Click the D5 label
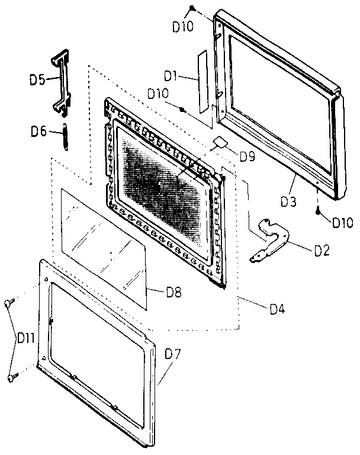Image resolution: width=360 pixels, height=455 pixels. (38, 80)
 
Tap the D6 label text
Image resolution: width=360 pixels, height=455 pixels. (39, 132)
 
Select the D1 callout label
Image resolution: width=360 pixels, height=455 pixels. (171, 76)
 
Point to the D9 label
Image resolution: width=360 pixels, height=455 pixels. (247, 156)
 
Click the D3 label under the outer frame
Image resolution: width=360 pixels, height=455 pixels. (288, 201)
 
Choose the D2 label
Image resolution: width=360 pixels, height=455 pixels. (322, 251)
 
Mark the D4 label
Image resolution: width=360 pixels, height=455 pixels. (278, 309)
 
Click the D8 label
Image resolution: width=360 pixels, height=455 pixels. (174, 292)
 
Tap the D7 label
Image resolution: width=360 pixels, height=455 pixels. (173, 354)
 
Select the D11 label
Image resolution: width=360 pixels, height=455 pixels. (26, 338)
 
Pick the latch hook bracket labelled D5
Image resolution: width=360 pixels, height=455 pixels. (62, 83)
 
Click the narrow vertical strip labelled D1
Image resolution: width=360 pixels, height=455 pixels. (203, 82)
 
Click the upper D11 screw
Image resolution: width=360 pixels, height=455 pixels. (9, 302)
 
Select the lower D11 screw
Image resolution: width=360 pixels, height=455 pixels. (12, 377)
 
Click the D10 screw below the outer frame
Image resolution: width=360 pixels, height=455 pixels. (318, 211)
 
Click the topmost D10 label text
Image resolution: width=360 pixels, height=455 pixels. (183, 27)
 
